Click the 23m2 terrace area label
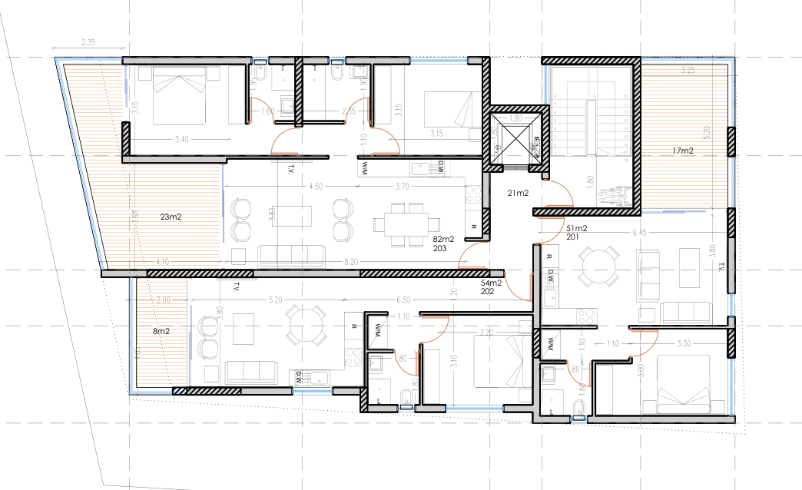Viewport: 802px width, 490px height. point(171,217)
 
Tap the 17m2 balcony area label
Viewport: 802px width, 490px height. point(682,151)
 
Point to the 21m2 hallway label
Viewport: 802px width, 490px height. point(518,193)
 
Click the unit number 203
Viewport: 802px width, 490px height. point(440,249)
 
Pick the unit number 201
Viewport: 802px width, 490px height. point(572,238)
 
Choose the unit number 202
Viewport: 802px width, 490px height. point(486,293)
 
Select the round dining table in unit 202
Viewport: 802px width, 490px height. point(307,326)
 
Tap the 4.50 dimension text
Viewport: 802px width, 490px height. point(315,187)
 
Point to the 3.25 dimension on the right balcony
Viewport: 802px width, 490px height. point(688,71)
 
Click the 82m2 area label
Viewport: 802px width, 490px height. point(444,240)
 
